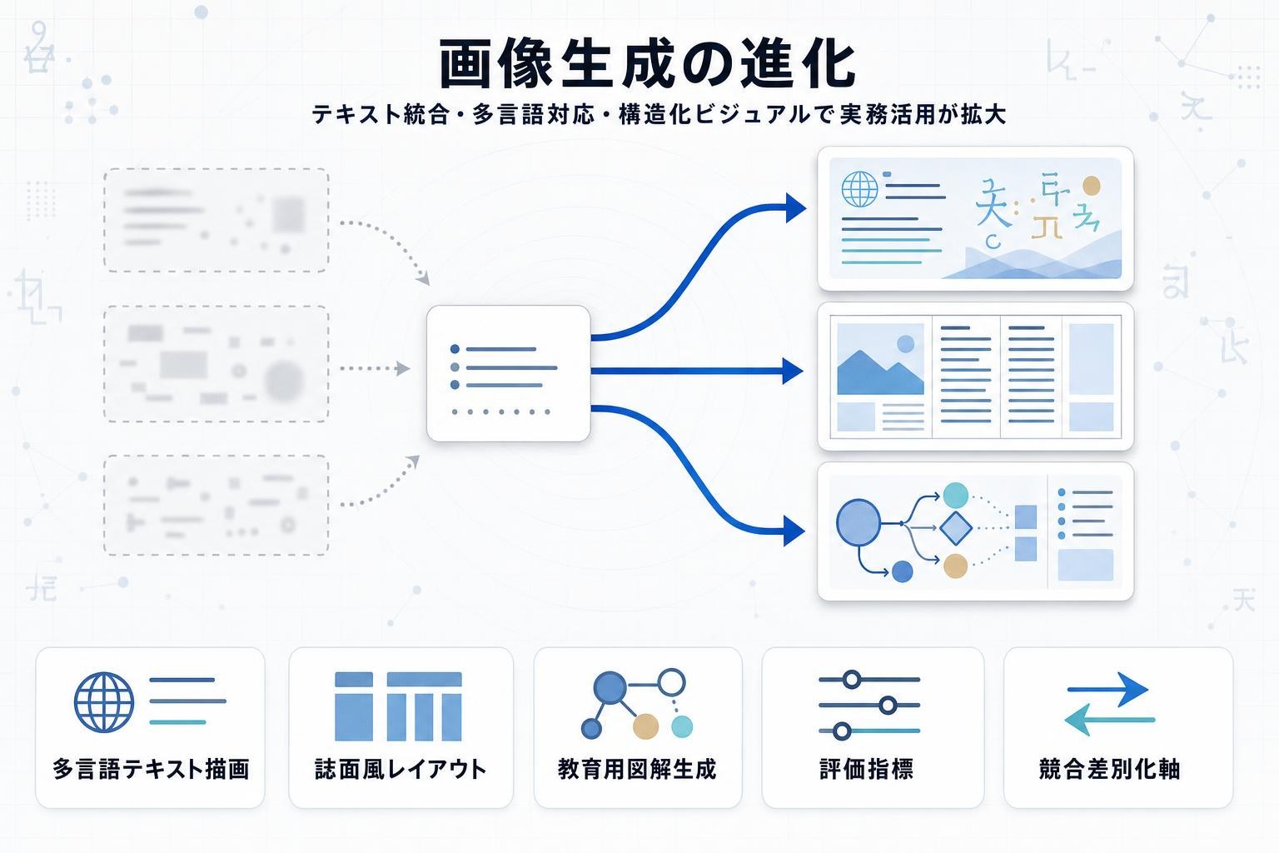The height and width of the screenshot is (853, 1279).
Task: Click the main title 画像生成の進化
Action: (647, 63)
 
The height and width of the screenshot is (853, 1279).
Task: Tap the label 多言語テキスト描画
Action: (151, 768)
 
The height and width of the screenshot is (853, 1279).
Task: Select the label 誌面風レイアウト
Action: (401, 768)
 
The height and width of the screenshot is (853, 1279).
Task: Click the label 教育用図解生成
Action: (637, 768)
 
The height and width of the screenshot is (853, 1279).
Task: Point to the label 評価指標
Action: (867, 768)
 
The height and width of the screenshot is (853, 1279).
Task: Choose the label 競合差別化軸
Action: (1110, 768)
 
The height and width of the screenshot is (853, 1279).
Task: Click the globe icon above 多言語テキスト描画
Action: (104, 702)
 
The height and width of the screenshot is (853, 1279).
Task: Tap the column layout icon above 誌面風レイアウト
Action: (398, 706)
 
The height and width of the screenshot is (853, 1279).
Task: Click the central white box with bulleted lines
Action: (508, 373)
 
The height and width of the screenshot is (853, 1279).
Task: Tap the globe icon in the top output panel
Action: (859, 189)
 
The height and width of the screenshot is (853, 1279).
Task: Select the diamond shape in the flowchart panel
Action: (956, 527)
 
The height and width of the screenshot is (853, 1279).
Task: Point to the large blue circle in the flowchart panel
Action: (858, 522)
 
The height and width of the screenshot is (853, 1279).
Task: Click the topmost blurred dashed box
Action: (216, 220)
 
